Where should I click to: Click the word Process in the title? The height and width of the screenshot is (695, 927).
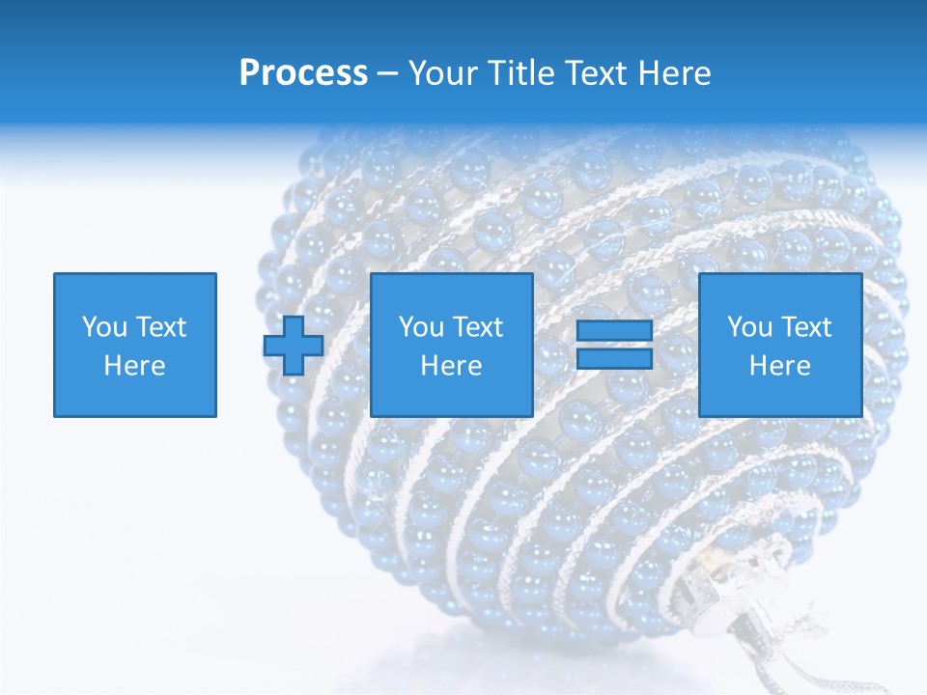[303, 73]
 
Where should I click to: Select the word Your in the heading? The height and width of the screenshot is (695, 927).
[444, 73]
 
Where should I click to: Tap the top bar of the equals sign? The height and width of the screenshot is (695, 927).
[614, 331]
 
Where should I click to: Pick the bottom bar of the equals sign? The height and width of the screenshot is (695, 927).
[614, 359]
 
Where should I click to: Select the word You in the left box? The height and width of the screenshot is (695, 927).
[103, 327]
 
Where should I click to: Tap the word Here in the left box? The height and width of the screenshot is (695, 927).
[134, 366]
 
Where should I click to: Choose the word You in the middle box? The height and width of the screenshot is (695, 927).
[420, 327]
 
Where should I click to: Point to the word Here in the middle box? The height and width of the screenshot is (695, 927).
[451, 366]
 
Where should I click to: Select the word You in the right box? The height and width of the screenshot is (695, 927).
[748, 327]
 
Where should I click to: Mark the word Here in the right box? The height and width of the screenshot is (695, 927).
[779, 366]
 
